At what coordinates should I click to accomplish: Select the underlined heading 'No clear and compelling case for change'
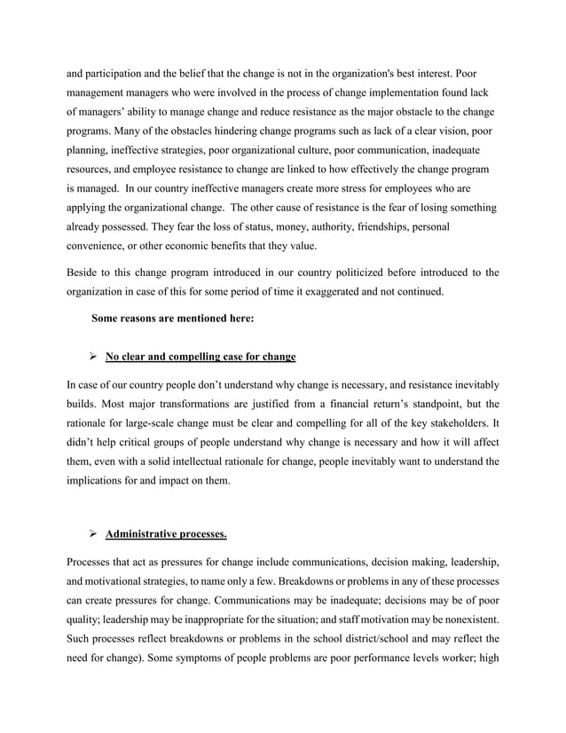(200, 358)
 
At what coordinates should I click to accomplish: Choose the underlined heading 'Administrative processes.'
(166, 535)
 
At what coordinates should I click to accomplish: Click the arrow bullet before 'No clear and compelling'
(91, 358)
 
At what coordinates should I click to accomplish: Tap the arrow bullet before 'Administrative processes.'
(91, 535)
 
